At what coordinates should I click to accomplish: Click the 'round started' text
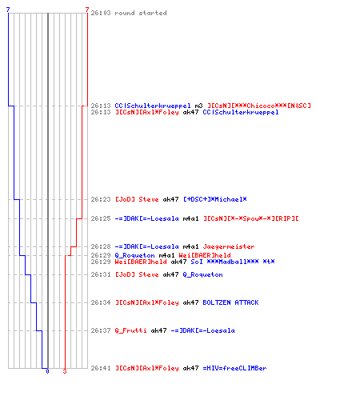coord(141,13)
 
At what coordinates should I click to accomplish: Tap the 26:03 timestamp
coord(101,13)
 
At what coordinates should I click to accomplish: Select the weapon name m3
coord(198,106)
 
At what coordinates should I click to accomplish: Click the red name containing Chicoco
coord(259,106)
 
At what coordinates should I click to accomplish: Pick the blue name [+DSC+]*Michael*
coord(215,199)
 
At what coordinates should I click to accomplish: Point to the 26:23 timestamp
coord(101,199)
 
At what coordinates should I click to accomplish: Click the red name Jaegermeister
coord(229,246)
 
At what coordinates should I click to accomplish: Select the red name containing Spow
coord(251,218)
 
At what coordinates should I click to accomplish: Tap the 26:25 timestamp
coord(101,218)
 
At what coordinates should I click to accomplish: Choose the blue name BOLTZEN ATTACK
coord(230,302)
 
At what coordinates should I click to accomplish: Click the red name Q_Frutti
coord(130,330)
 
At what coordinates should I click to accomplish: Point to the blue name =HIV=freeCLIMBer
coord(234,368)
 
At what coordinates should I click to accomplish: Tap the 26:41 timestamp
coord(101,368)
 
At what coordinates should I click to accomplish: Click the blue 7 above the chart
coord(8,10)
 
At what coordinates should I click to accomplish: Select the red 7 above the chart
coord(87,10)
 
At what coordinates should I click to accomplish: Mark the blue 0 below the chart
coord(47,371)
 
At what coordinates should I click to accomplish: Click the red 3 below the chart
coord(65,371)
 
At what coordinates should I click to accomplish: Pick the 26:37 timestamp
coord(101,330)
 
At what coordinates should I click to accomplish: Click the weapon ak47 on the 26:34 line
coord(190,302)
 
